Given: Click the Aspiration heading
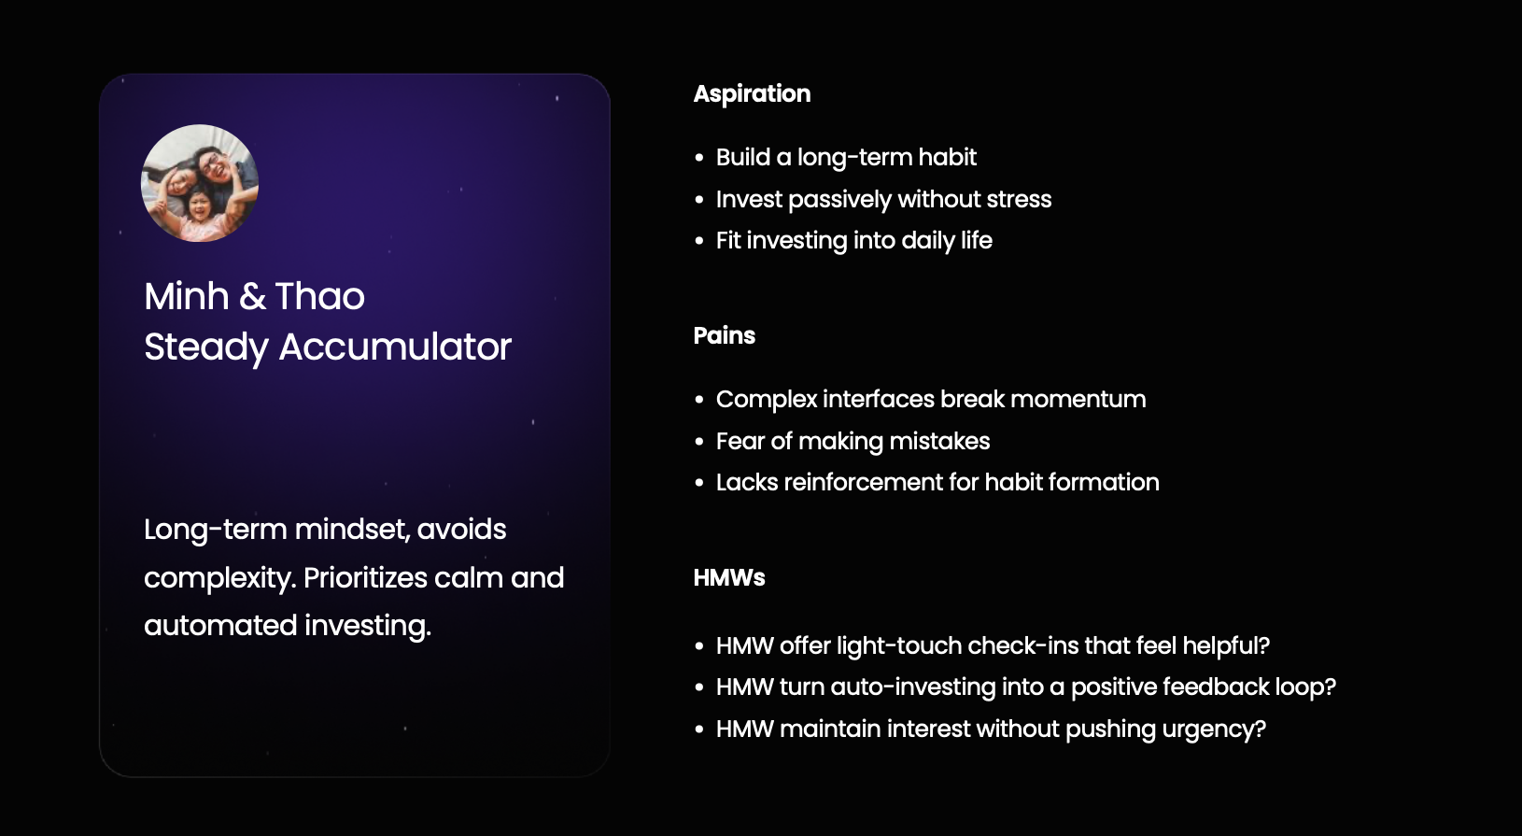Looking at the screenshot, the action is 752,93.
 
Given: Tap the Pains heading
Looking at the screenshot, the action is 724,335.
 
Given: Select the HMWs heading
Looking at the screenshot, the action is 729,577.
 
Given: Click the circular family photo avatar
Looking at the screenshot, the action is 199,183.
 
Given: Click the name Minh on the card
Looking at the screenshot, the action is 187,296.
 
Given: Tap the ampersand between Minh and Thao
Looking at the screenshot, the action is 252,296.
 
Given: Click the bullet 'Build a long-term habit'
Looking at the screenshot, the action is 846,158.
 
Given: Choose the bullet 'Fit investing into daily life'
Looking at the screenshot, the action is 854,241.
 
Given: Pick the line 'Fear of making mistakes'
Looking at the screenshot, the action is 853,442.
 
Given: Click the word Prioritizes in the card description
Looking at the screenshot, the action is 365,578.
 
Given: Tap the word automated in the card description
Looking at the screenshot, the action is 220,626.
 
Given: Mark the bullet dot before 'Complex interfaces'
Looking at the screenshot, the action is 699,400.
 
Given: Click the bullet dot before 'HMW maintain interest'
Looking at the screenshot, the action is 699,730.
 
